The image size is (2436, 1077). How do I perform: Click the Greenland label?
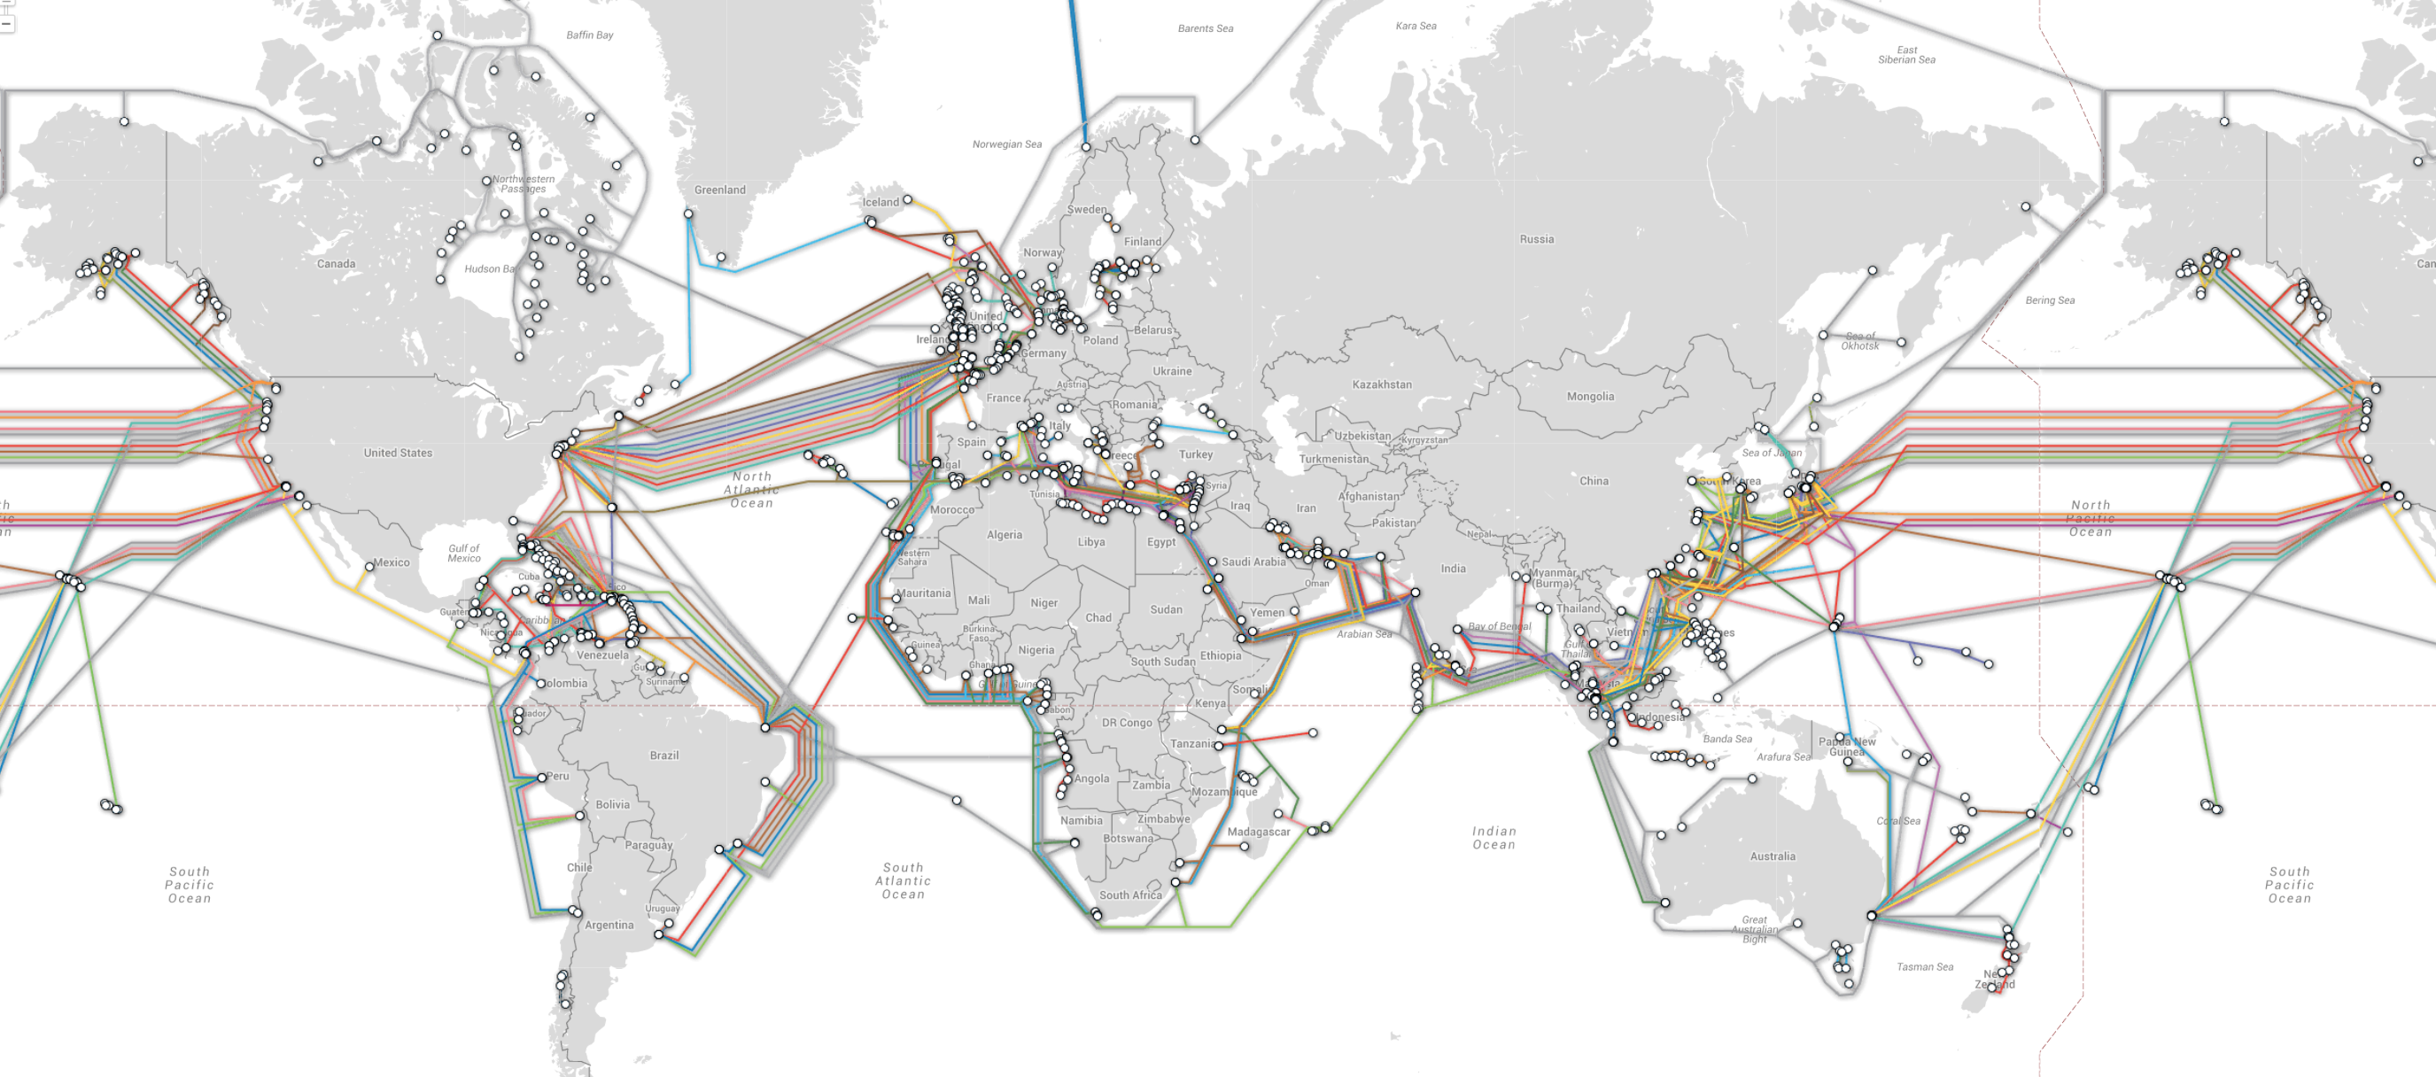(719, 190)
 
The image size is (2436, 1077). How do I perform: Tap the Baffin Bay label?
(589, 35)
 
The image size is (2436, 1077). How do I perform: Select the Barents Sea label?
(1205, 28)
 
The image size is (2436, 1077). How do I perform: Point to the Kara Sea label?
(1415, 26)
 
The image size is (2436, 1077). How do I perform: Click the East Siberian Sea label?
(1905, 55)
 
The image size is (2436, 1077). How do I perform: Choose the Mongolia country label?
(1590, 396)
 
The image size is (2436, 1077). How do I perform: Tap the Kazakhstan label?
(1381, 385)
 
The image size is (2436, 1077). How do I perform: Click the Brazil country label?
(663, 755)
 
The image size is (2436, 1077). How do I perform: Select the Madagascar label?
(1258, 832)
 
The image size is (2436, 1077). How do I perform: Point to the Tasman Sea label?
(1924, 966)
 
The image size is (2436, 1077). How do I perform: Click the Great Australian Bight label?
(1754, 928)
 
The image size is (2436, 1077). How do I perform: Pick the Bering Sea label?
(2049, 300)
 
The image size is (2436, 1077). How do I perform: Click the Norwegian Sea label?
(1006, 144)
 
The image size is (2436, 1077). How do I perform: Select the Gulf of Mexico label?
(463, 554)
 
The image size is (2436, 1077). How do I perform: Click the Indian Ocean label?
(1493, 838)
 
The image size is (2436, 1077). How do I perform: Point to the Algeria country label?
(1004, 535)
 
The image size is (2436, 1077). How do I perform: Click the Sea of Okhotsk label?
(1859, 340)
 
